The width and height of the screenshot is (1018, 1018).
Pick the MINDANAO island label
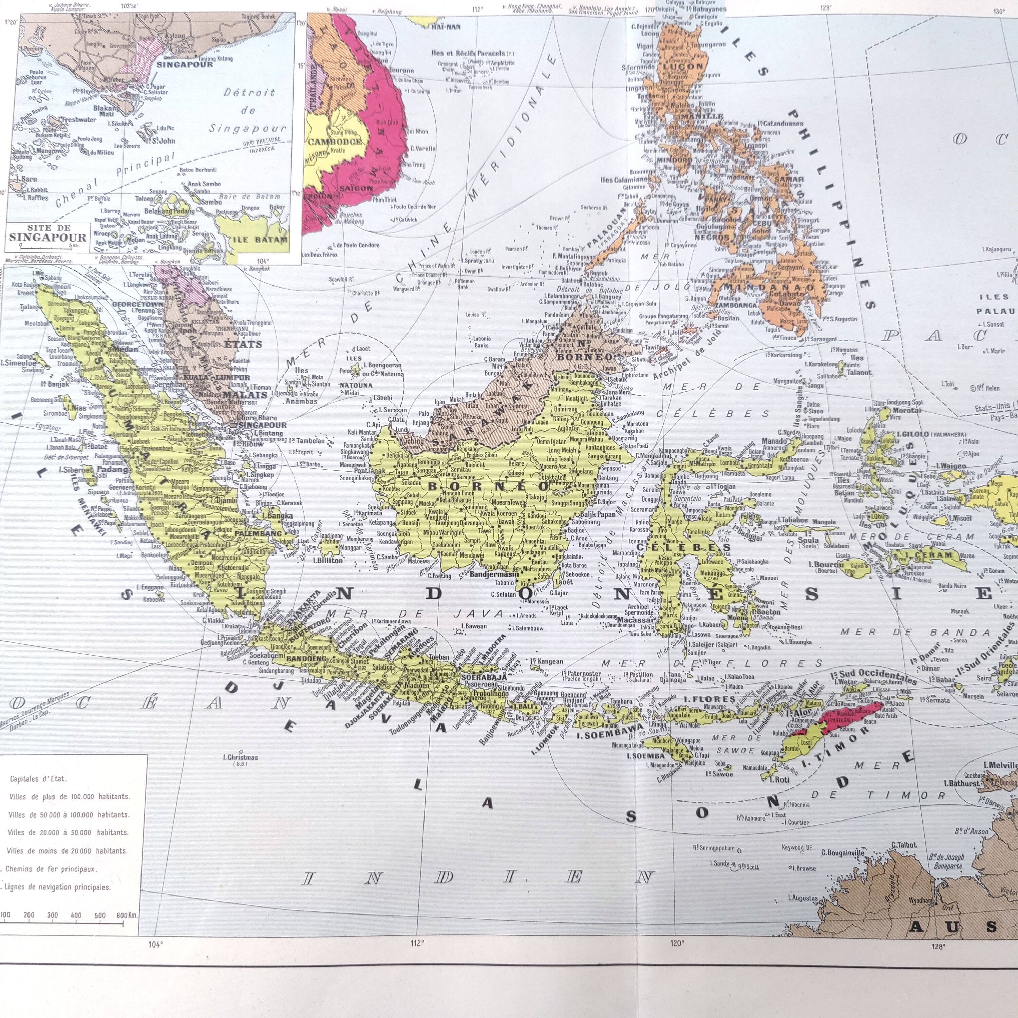click(x=755, y=288)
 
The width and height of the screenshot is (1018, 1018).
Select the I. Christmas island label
click(x=240, y=757)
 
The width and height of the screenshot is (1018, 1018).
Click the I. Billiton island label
click(x=327, y=560)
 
